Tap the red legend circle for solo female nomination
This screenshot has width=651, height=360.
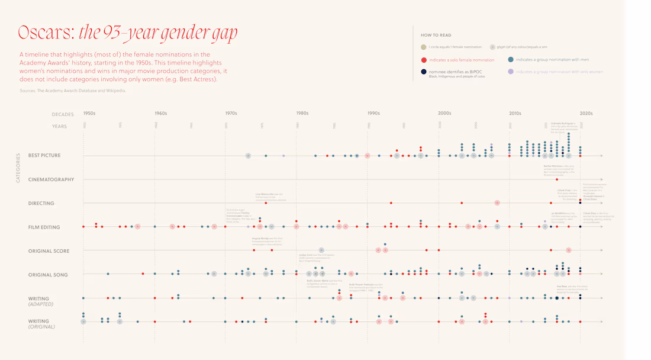tap(424, 60)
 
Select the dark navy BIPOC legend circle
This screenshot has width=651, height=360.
tap(424, 72)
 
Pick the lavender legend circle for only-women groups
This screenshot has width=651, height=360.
tap(511, 72)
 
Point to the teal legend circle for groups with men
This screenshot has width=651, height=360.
tap(511, 60)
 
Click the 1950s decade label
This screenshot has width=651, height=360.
tap(89, 113)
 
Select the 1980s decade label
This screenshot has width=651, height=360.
tap(302, 113)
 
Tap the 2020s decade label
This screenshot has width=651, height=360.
tap(586, 113)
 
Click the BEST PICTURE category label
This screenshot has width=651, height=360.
tap(44, 156)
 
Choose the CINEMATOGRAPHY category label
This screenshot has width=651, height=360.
tap(51, 179)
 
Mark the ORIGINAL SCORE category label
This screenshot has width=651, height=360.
tap(49, 251)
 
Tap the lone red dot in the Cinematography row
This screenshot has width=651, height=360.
tap(557, 179)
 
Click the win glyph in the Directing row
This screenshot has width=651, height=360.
tap(497, 203)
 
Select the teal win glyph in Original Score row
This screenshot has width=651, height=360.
tap(321, 250)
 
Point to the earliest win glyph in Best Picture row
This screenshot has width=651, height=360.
tap(248, 156)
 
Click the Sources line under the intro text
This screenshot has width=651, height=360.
tap(73, 91)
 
